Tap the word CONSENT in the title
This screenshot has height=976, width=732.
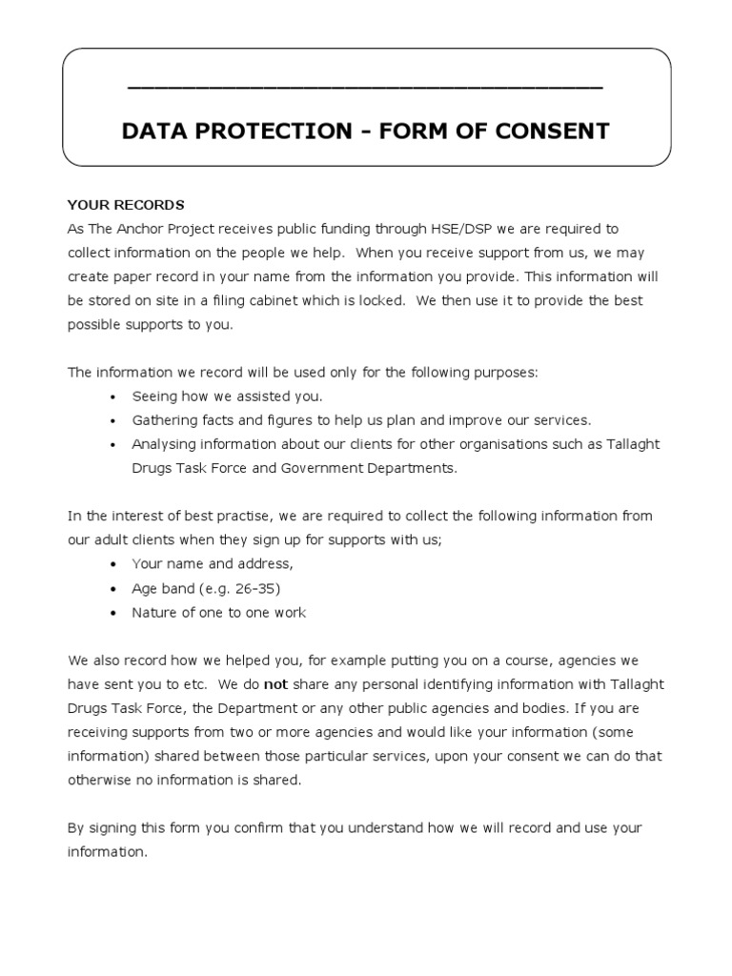(554, 132)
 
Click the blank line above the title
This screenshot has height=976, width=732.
(365, 87)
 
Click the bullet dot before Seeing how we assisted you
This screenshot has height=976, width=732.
(113, 396)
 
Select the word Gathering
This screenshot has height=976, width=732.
(164, 420)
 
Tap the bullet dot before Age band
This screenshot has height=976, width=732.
(113, 589)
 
